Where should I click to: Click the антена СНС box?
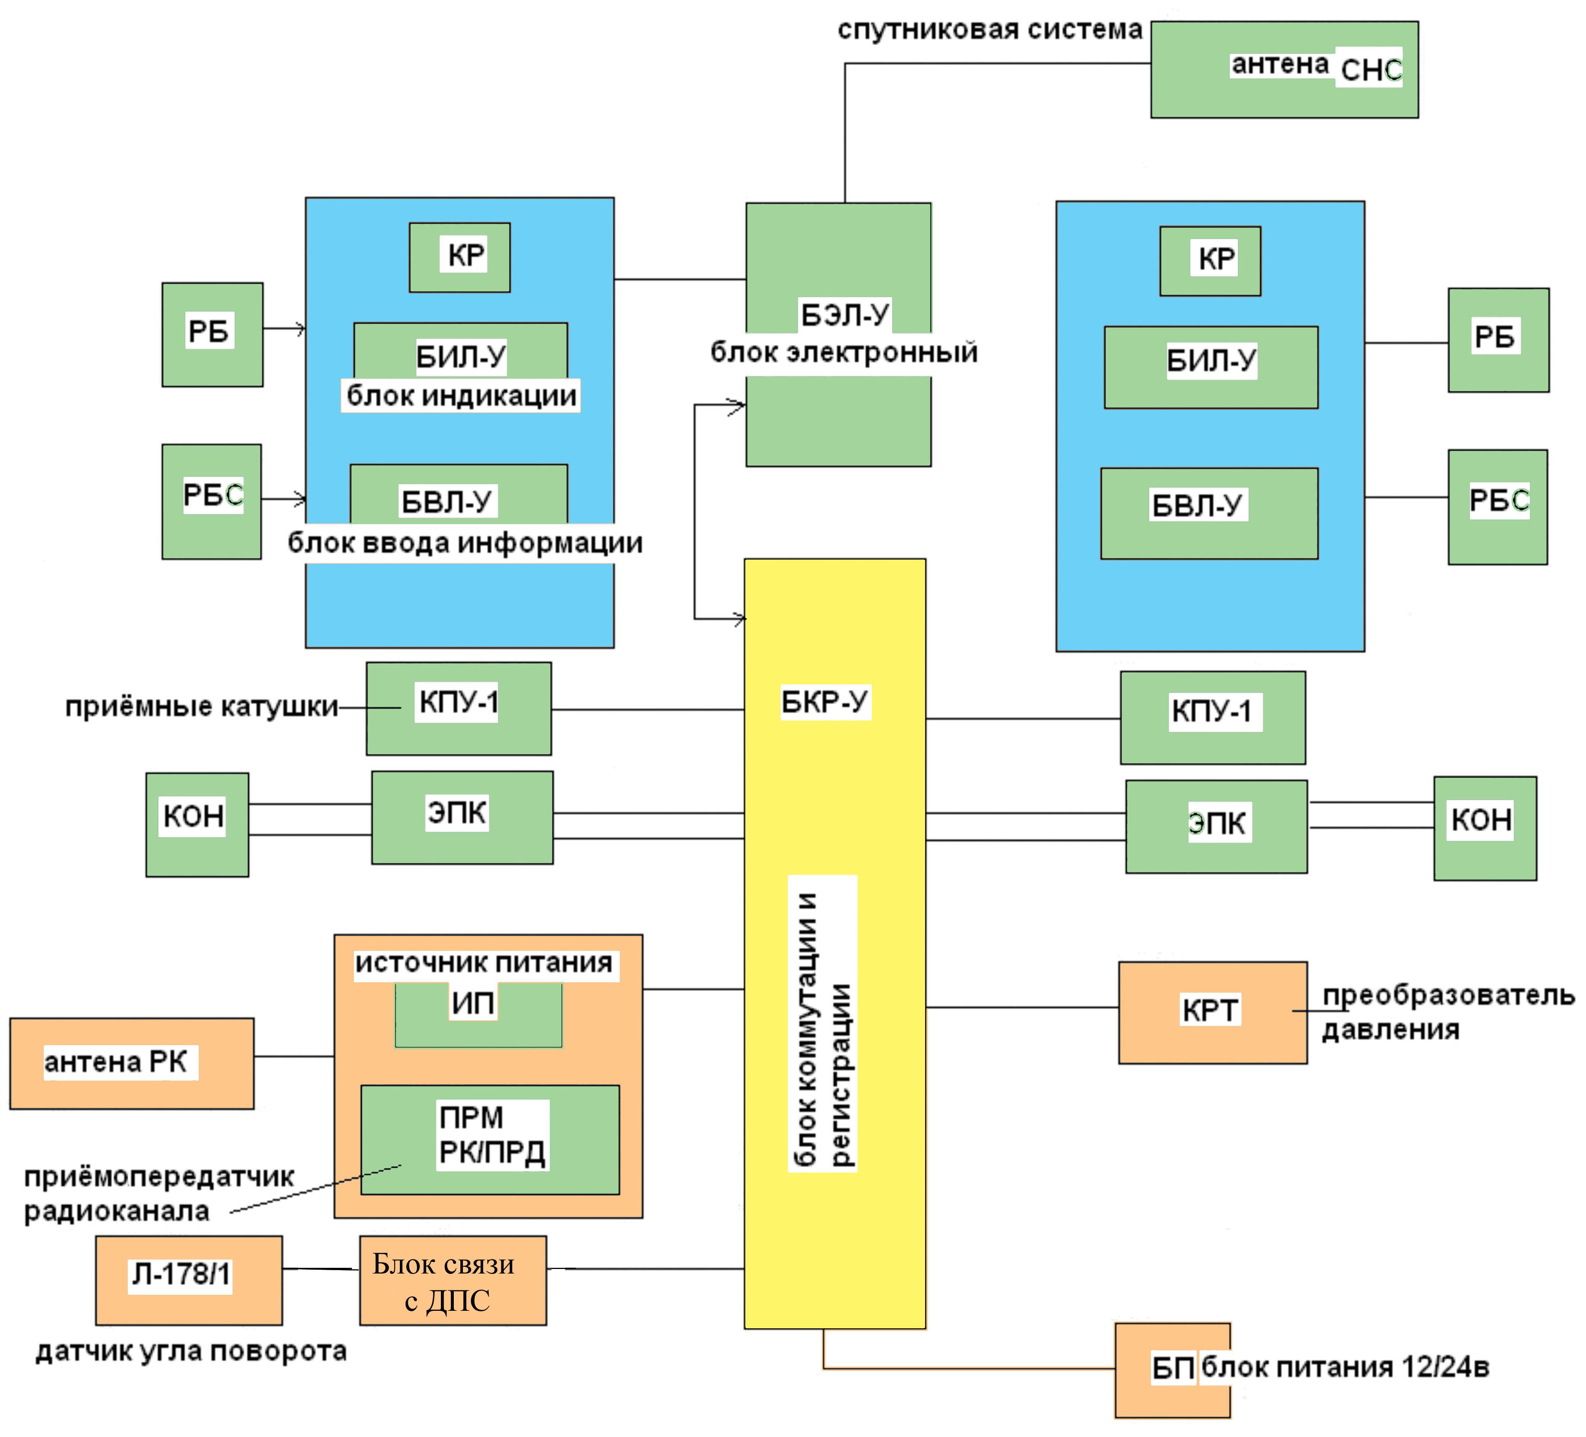click(1284, 69)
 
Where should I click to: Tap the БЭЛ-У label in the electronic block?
click(844, 315)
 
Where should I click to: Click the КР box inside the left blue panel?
click(459, 257)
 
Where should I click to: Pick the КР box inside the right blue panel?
click(1210, 260)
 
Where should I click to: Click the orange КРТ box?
click(1212, 1012)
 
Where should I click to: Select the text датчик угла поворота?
click(191, 1351)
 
